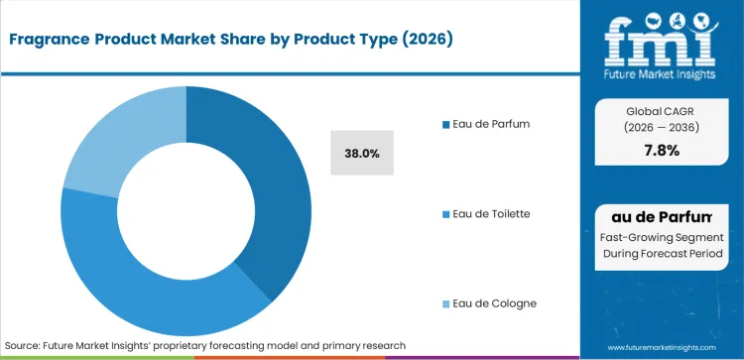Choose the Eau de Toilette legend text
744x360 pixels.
(x=491, y=213)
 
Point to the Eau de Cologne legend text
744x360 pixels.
(x=492, y=302)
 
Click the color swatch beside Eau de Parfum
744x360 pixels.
(x=444, y=124)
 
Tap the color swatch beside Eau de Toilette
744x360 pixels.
(x=444, y=213)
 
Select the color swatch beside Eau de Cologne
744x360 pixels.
(x=444, y=302)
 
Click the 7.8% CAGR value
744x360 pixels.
(x=662, y=150)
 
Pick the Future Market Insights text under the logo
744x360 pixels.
(x=662, y=72)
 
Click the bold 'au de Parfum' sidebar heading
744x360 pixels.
(x=662, y=216)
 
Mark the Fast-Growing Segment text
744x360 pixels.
(x=662, y=238)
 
